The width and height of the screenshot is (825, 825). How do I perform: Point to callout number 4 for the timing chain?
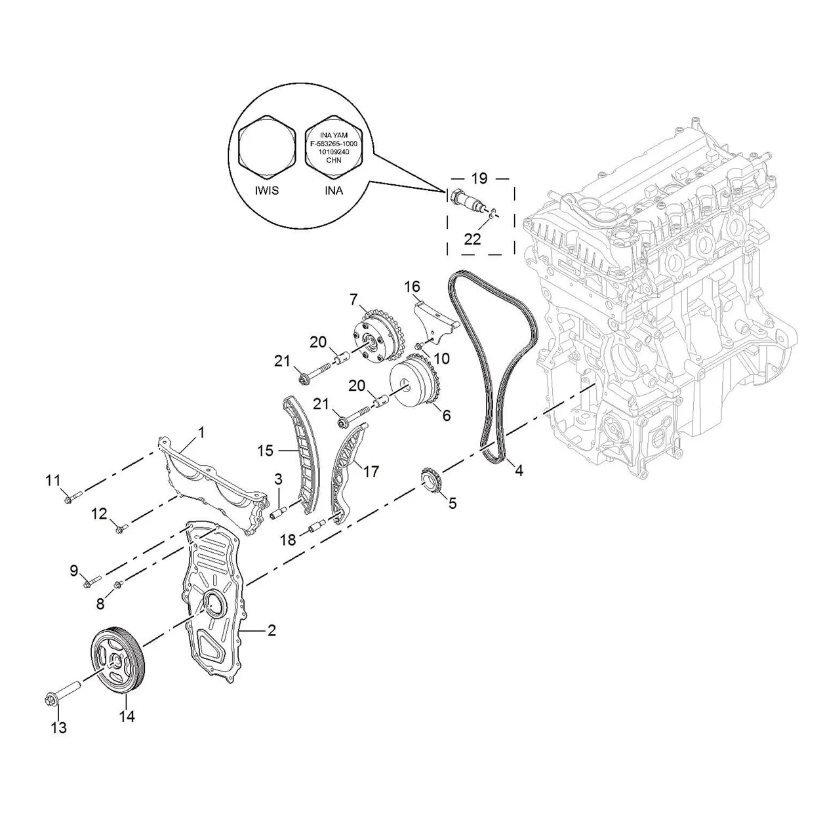(x=519, y=471)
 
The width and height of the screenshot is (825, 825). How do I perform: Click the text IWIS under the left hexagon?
(x=267, y=191)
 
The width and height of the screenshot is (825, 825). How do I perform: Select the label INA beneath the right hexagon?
(x=334, y=191)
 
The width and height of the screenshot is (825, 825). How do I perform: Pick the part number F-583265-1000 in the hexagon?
(x=334, y=144)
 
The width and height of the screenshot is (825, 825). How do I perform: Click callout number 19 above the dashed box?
(x=479, y=178)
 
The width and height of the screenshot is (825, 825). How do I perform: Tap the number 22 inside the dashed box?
(x=473, y=239)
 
